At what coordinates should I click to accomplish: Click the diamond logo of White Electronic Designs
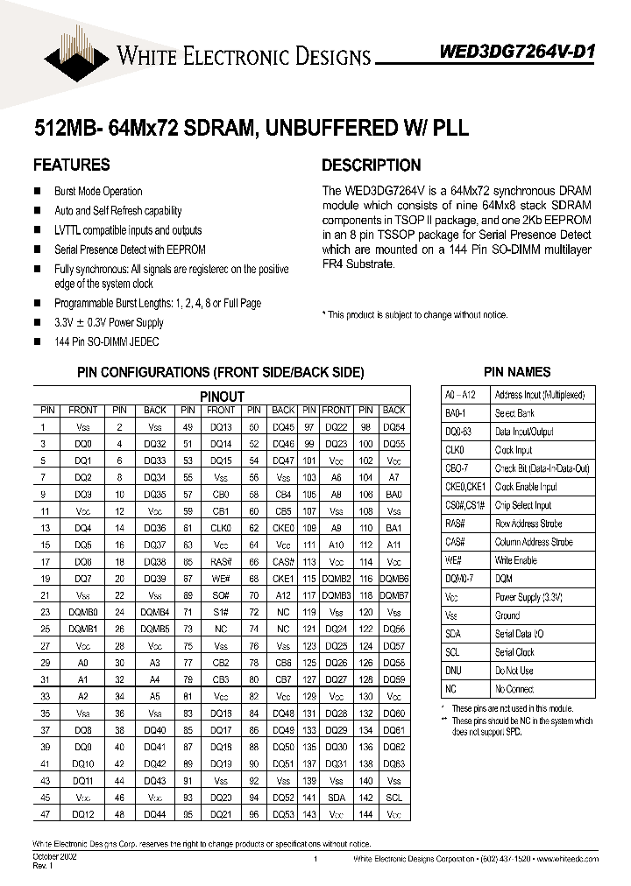pyautogui.click(x=75, y=55)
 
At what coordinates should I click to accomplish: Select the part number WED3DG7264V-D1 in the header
pyautogui.click(x=516, y=52)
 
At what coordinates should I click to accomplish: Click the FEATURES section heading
pyautogui.click(x=72, y=165)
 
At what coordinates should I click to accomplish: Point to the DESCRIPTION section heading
pyautogui.click(x=371, y=165)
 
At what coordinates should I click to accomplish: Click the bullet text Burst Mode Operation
pyautogui.click(x=98, y=192)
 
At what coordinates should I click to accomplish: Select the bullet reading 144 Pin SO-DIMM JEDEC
pyautogui.click(x=107, y=341)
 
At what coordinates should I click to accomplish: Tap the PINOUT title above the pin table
pyautogui.click(x=222, y=397)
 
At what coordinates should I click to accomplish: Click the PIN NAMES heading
pyautogui.click(x=517, y=372)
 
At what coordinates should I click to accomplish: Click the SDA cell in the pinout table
pyautogui.click(x=337, y=798)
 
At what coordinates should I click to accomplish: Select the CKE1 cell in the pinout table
pyautogui.click(x=283, y=579)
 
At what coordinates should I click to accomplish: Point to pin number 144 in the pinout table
pyautogui.click(x=365, y=813)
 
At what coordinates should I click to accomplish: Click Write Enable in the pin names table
pyautogui.click(x=516, y=560)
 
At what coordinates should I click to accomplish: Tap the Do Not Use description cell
pyautogui.click(x=514, y=671)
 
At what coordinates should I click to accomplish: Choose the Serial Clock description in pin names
pyautogui.click(x=515, y=652)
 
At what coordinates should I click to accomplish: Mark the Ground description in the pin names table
pyautogui.click(x=508, y=615)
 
